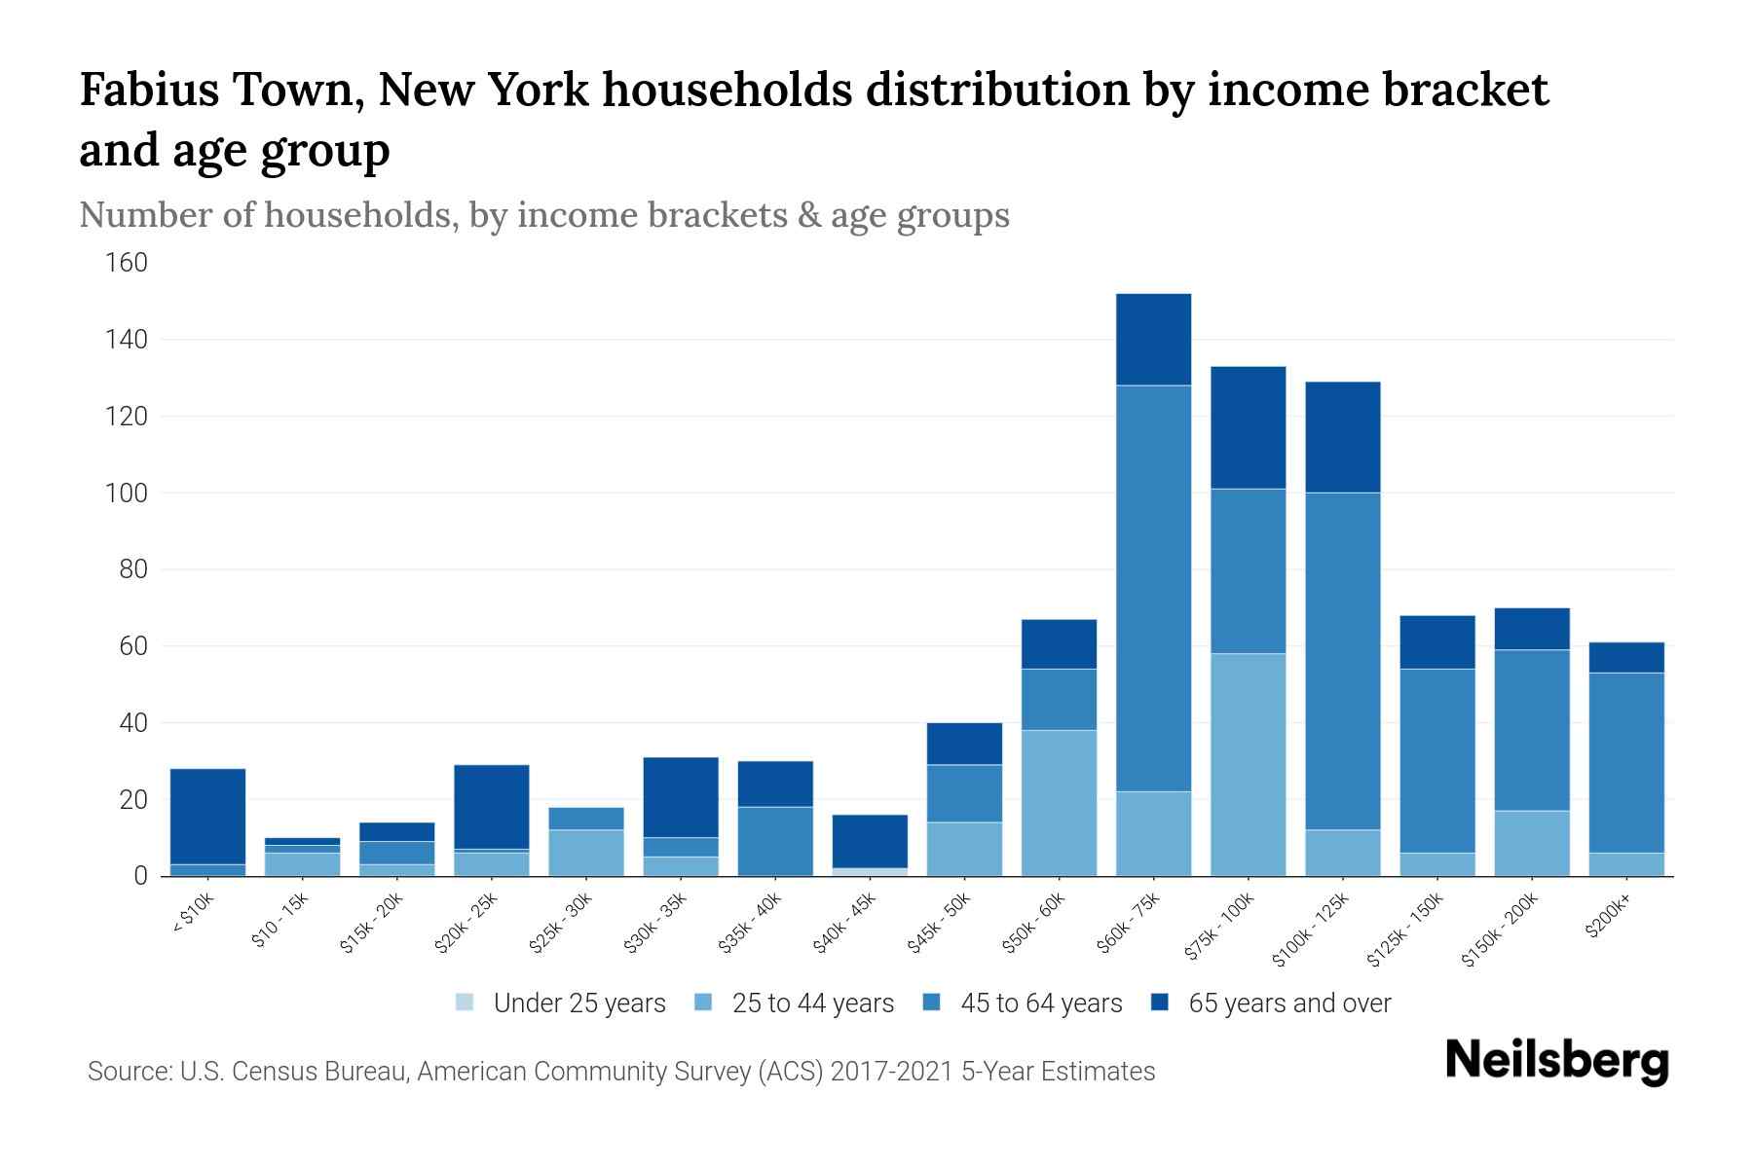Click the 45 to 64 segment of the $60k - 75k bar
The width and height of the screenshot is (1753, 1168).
pos(1153,589)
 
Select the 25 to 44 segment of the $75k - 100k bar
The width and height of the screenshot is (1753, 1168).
pos(1248,764)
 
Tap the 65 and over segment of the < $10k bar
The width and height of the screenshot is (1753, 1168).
pos(207,816)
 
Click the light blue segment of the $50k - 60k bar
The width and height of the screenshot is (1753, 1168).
pos(1059,803)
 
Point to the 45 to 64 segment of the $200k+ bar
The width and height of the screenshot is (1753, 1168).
pos(1626,762)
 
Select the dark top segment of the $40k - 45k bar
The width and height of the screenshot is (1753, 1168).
pos(870,841)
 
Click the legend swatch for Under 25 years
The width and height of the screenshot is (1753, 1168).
pos(466,1003)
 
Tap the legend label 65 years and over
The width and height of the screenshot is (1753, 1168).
pos(1289,1004)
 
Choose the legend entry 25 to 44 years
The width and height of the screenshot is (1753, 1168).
pos(812,1004)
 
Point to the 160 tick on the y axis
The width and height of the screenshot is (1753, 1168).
pos(128,263)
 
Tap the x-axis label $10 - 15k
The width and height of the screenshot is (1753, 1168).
pos(280,921)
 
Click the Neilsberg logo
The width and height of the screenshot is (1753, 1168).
pos(1556,1062)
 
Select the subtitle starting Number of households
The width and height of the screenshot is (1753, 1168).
pos(543,215)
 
